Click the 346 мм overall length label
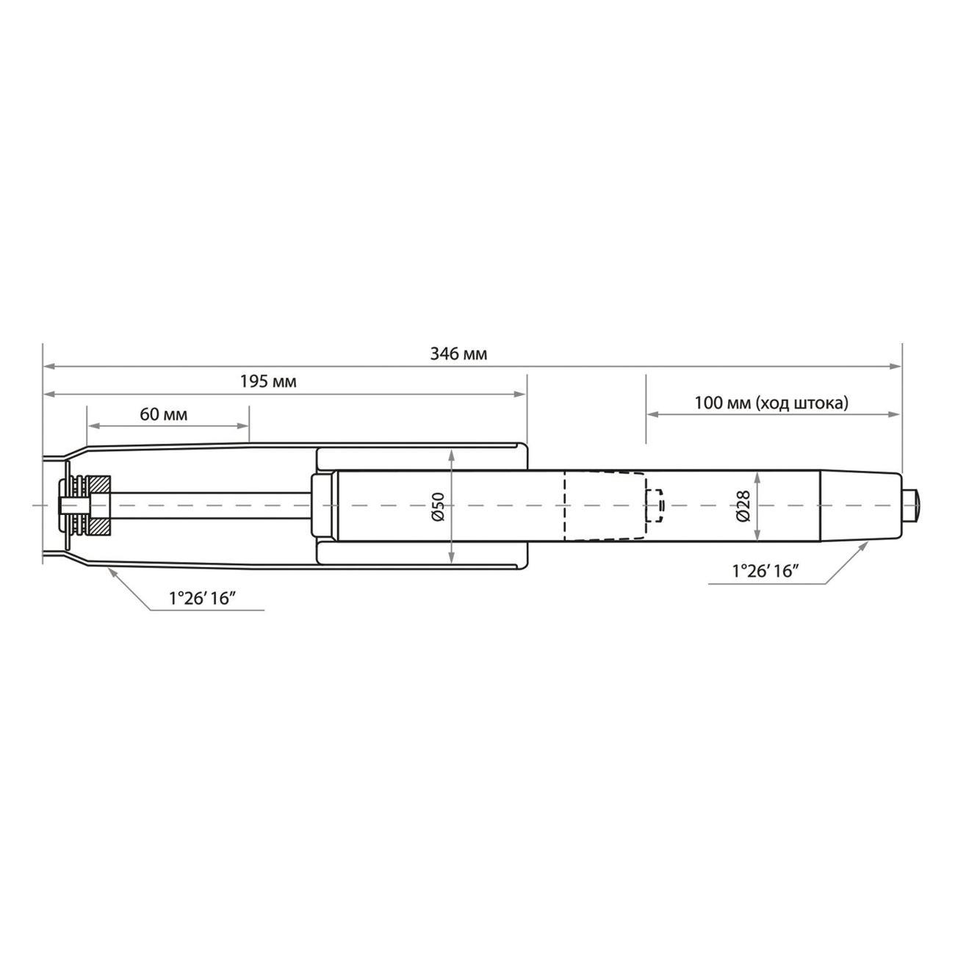tap(458, 354)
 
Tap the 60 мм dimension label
tap(163, 414)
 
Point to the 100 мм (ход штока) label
tap(771, 403)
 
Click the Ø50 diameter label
tap(438, 506)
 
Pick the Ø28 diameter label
tap(742, 506)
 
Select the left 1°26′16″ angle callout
tap(201, 598)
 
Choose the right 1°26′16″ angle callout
tap(765, 572)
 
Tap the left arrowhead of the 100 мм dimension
tap(652, 414)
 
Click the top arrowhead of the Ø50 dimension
tap(451, 455)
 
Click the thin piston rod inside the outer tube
tap(213, 505)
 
